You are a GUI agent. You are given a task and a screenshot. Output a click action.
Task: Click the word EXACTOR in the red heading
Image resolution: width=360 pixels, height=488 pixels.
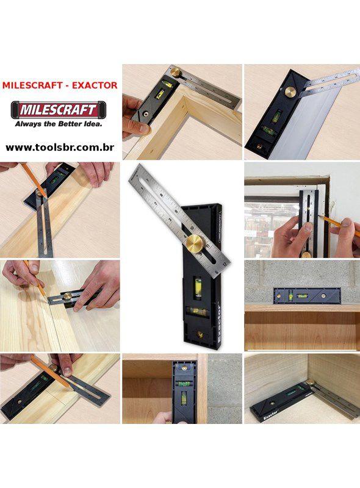(x=95, y=85)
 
